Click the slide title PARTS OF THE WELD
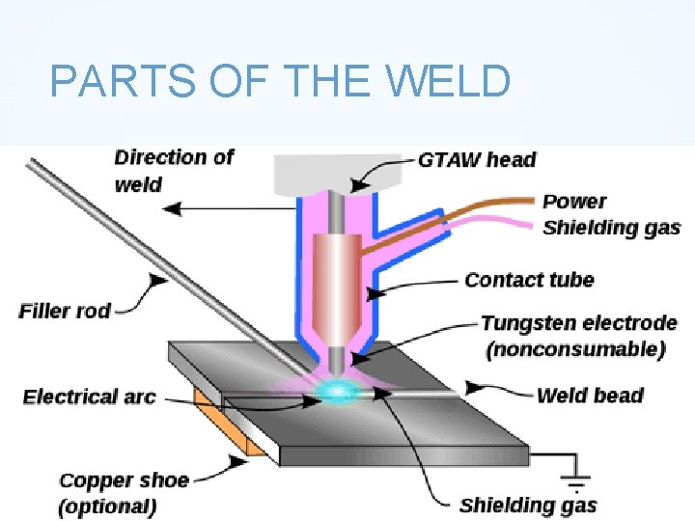pos(279,81)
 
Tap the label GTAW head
pos(477,159)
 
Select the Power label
pos(574,202)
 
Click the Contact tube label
pos(529,280)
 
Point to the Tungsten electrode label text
pos(578,323)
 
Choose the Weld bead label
pos(589,395)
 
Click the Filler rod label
pos(65,311)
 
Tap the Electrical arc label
pos(89,397)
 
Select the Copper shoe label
pos(124,480)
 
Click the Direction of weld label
pos(174,169)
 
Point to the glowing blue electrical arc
pos(339,391)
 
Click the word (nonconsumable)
pos(576,349)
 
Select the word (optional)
pos(107,506)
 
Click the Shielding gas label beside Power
pos(611,229)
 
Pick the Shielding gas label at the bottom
pos(528,505)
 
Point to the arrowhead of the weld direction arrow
pos(166,207)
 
